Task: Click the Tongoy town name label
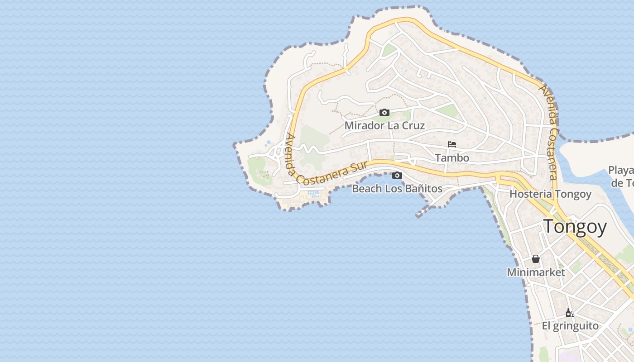(575, 226)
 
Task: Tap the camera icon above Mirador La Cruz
(384, 112)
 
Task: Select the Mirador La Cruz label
(384, 125)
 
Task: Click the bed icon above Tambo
(451, 145)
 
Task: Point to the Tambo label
(451, 158)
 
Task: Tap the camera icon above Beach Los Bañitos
(397, 176)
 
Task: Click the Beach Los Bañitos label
(397, 189)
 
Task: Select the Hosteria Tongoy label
(550, 194)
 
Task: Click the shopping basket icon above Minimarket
(536, 259)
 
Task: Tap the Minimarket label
(536, 272)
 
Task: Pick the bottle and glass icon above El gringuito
(570, 313)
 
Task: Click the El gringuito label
(570, 326)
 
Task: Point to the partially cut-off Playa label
(621, 171)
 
